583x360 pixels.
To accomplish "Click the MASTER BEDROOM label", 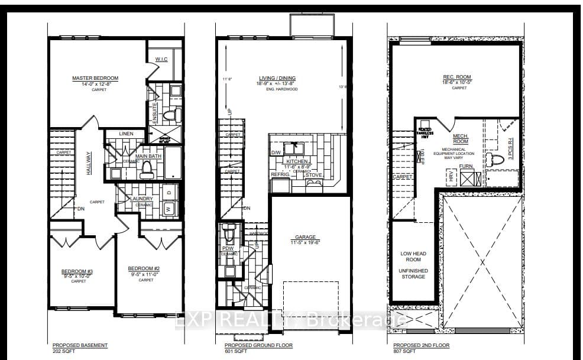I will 95,78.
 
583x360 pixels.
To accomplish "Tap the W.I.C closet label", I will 161,59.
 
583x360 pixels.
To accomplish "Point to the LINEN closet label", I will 126,134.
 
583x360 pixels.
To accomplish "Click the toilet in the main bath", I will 146,170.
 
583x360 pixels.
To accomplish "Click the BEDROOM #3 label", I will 78,272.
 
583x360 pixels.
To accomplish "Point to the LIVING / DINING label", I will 277,78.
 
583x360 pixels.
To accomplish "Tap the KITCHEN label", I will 297,161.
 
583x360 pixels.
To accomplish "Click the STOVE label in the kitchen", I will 313,175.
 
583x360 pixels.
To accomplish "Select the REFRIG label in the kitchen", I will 280,175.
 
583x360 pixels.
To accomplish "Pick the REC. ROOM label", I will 456,77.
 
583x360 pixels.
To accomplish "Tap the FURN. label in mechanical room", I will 466,166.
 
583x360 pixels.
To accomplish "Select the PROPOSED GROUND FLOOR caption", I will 258,345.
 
